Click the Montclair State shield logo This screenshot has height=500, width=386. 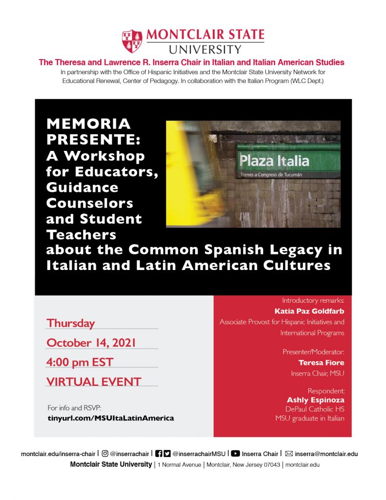coord(132,41)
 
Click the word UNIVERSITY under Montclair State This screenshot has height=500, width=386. coord(205,49)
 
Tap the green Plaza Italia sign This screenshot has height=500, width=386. coord(288,161)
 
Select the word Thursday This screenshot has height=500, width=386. coord(71,323)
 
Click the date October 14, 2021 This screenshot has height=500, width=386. coord(91,343)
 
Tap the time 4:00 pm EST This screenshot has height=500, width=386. coord(80,362)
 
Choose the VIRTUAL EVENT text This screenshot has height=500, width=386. coord(94,381)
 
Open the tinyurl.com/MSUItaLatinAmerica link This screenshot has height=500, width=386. coord(110,418)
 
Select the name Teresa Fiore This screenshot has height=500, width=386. coord(321,363)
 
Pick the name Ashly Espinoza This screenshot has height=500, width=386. coord(315,400)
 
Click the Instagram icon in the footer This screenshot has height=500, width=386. coord(105,454)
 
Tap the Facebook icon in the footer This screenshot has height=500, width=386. coord(159,454)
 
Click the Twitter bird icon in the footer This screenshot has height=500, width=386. coord(167,454)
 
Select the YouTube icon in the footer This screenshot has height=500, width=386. coord(235,454)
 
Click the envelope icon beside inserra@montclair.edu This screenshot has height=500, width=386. coord(289,454)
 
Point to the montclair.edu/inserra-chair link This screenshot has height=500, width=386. coord(59,454)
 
